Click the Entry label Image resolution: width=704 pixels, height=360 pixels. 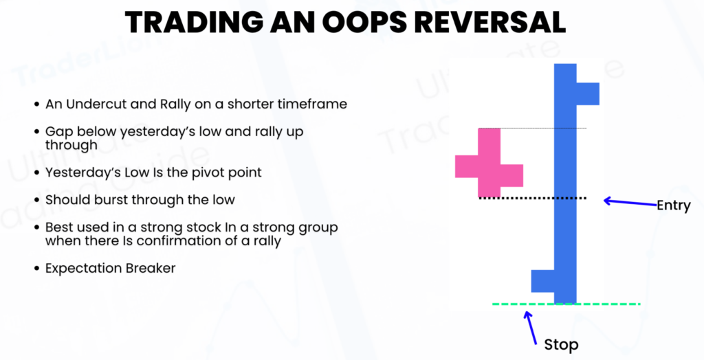click(x=673, y=205)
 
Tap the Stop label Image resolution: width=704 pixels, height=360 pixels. click(x=561, y=344)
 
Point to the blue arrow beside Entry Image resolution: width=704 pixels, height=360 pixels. click(x=628, y=202)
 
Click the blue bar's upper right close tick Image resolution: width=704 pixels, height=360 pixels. click(x=587, y=93)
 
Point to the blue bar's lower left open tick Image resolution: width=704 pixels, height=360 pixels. click(x=543, y=280)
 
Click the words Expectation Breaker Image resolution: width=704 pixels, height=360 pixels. click(x=110, y=268)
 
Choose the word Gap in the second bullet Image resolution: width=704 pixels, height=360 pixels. click(x=58, y=131)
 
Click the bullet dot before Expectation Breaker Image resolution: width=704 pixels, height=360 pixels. click(x=36, y=269)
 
